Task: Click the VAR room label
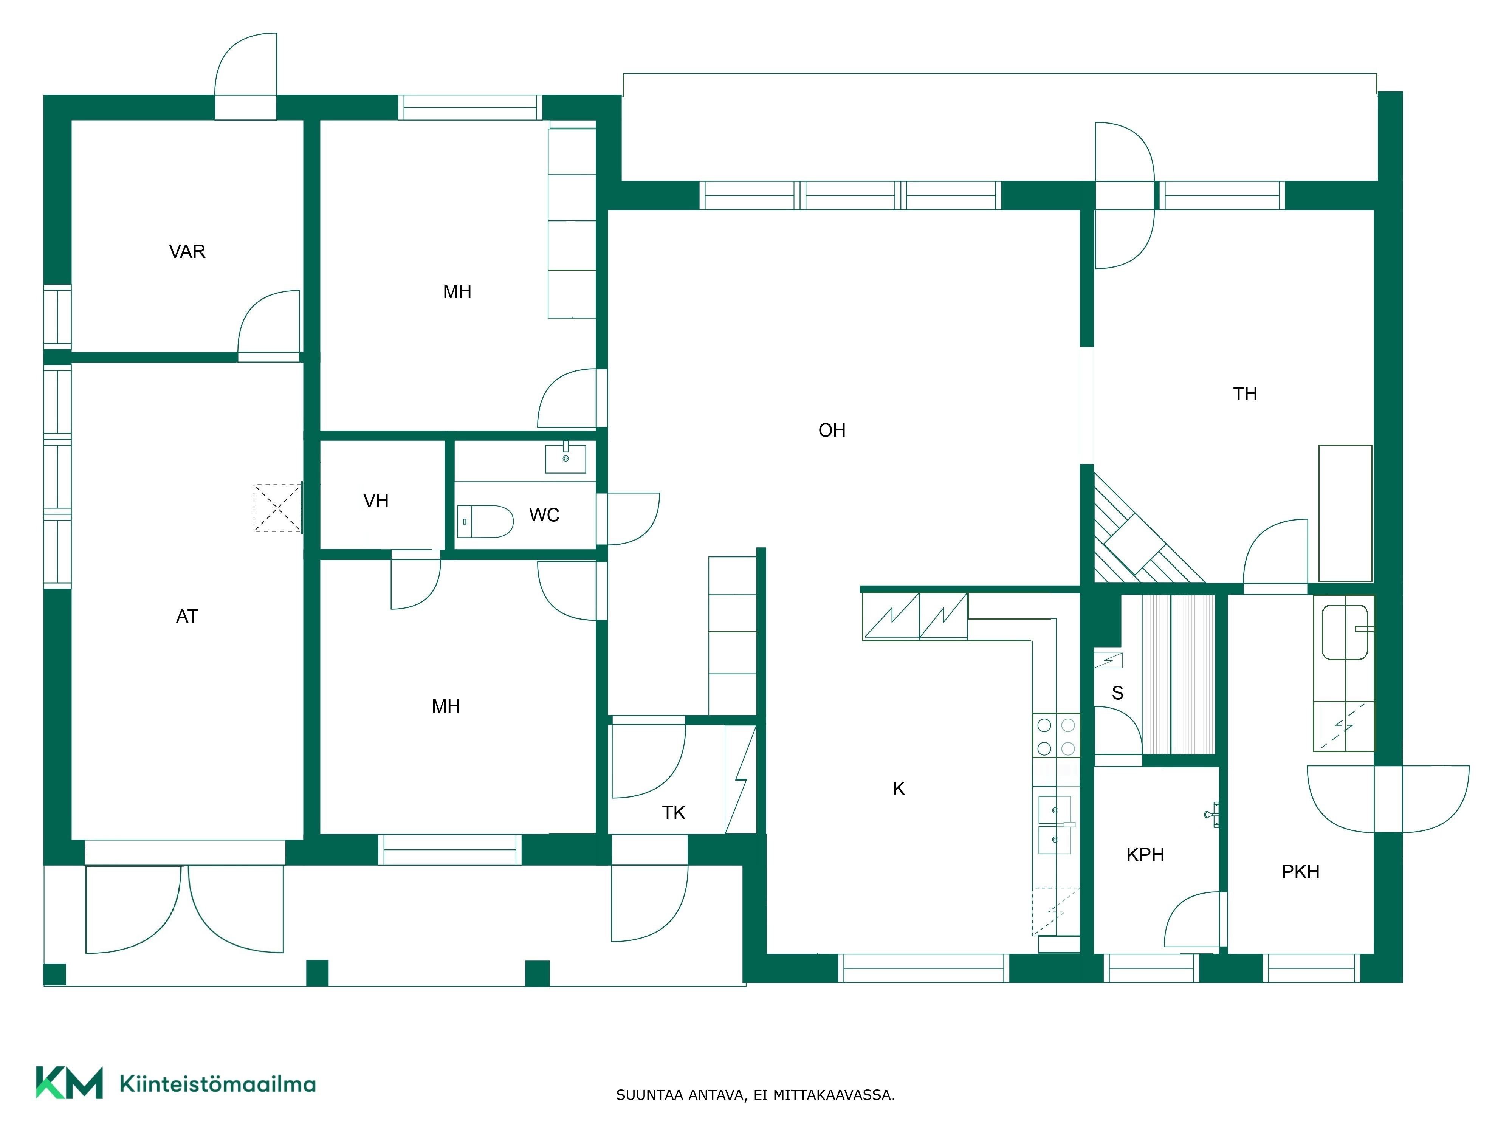[187, 251]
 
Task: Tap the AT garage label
[187, 617]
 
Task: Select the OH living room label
[832, 430]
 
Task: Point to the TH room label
[1245, 394]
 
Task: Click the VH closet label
[376, 501]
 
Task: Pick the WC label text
[544, 515]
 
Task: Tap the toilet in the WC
[485, 522]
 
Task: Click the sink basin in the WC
[565, 459]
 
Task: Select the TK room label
[673, 813]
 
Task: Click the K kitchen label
[899, 789]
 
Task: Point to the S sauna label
[1118, 693]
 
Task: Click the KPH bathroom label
[1145, 854]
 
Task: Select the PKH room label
[1300, 872]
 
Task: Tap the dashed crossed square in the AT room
[277, 508]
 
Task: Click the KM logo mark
[69, 1083]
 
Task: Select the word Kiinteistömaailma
[217, 1083]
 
